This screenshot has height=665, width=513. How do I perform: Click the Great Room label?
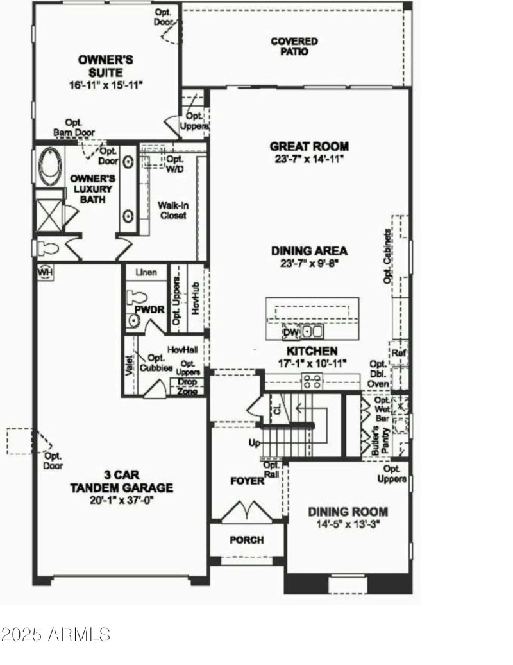pos(309,146)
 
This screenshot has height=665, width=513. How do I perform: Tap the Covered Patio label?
pos(294,46)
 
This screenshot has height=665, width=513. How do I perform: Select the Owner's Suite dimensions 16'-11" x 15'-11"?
pos(106,84)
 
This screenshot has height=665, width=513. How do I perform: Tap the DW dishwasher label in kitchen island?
pos(290,332)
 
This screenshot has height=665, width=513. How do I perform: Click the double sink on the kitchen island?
pos(313,332)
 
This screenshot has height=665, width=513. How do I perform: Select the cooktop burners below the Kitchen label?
pos(312,382)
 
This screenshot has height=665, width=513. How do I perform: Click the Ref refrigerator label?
pos(398,353)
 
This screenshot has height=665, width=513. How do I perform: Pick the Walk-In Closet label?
pos(172,211)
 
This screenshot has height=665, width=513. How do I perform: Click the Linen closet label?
pos(146,272)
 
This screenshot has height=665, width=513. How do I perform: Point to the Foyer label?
pos(248,481)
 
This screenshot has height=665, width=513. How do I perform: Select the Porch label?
pos(247,540)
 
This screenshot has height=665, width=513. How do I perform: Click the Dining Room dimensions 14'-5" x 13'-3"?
pos(348,524)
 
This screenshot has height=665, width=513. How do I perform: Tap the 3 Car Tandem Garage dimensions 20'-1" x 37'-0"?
pos(122,499)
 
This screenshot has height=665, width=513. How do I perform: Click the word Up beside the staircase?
pos(254,444)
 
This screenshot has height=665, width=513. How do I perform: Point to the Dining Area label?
pos(309,250)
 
